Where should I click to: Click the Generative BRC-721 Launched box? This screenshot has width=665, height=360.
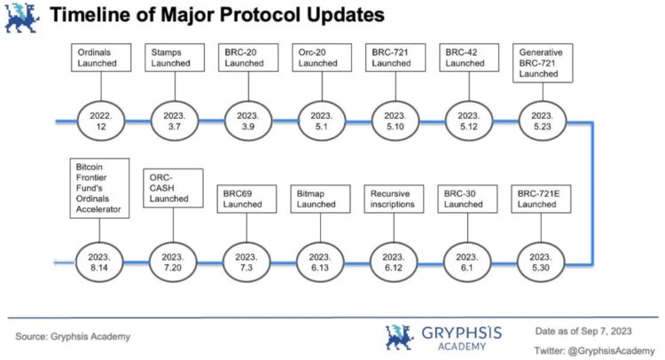click(542, 63)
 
